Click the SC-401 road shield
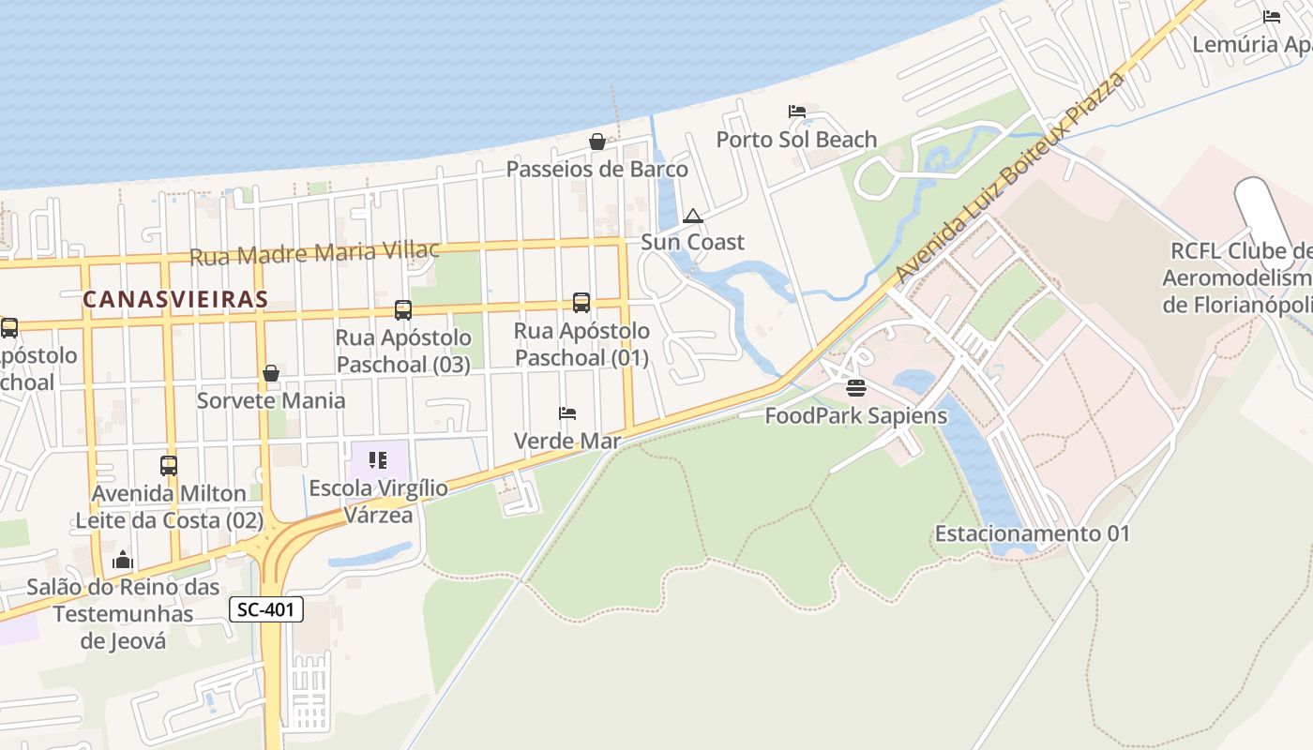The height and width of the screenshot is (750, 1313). point(266,609)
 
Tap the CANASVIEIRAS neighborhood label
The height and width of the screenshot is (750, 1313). point(175,299)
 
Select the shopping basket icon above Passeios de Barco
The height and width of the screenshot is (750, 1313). point(596,142)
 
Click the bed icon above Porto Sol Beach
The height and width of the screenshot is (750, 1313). point(797,112)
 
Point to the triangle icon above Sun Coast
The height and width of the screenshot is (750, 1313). point(693,216)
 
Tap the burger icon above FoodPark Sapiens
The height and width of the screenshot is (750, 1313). point(855,387)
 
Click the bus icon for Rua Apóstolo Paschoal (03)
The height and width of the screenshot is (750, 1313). point(403,309)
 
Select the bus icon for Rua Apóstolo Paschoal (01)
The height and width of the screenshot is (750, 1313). point(581,303)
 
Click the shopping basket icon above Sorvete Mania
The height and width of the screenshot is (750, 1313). point(271,373)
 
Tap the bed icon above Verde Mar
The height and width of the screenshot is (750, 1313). point(567,412)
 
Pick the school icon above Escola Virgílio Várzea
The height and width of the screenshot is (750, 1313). point(378,460)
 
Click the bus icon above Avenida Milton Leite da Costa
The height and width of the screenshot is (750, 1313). point(169,465)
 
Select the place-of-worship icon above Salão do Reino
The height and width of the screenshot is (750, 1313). point(123,560)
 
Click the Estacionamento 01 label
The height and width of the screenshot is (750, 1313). point(1032,533)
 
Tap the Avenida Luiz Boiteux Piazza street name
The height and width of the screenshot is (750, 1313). point(1009,178)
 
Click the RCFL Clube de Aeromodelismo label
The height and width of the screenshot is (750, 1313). point(1238,278)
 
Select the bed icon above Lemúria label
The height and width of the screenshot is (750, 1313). point(1272,17)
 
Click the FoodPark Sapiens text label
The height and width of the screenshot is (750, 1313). point(855,415)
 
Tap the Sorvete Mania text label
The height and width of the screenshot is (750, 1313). point(271,400)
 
